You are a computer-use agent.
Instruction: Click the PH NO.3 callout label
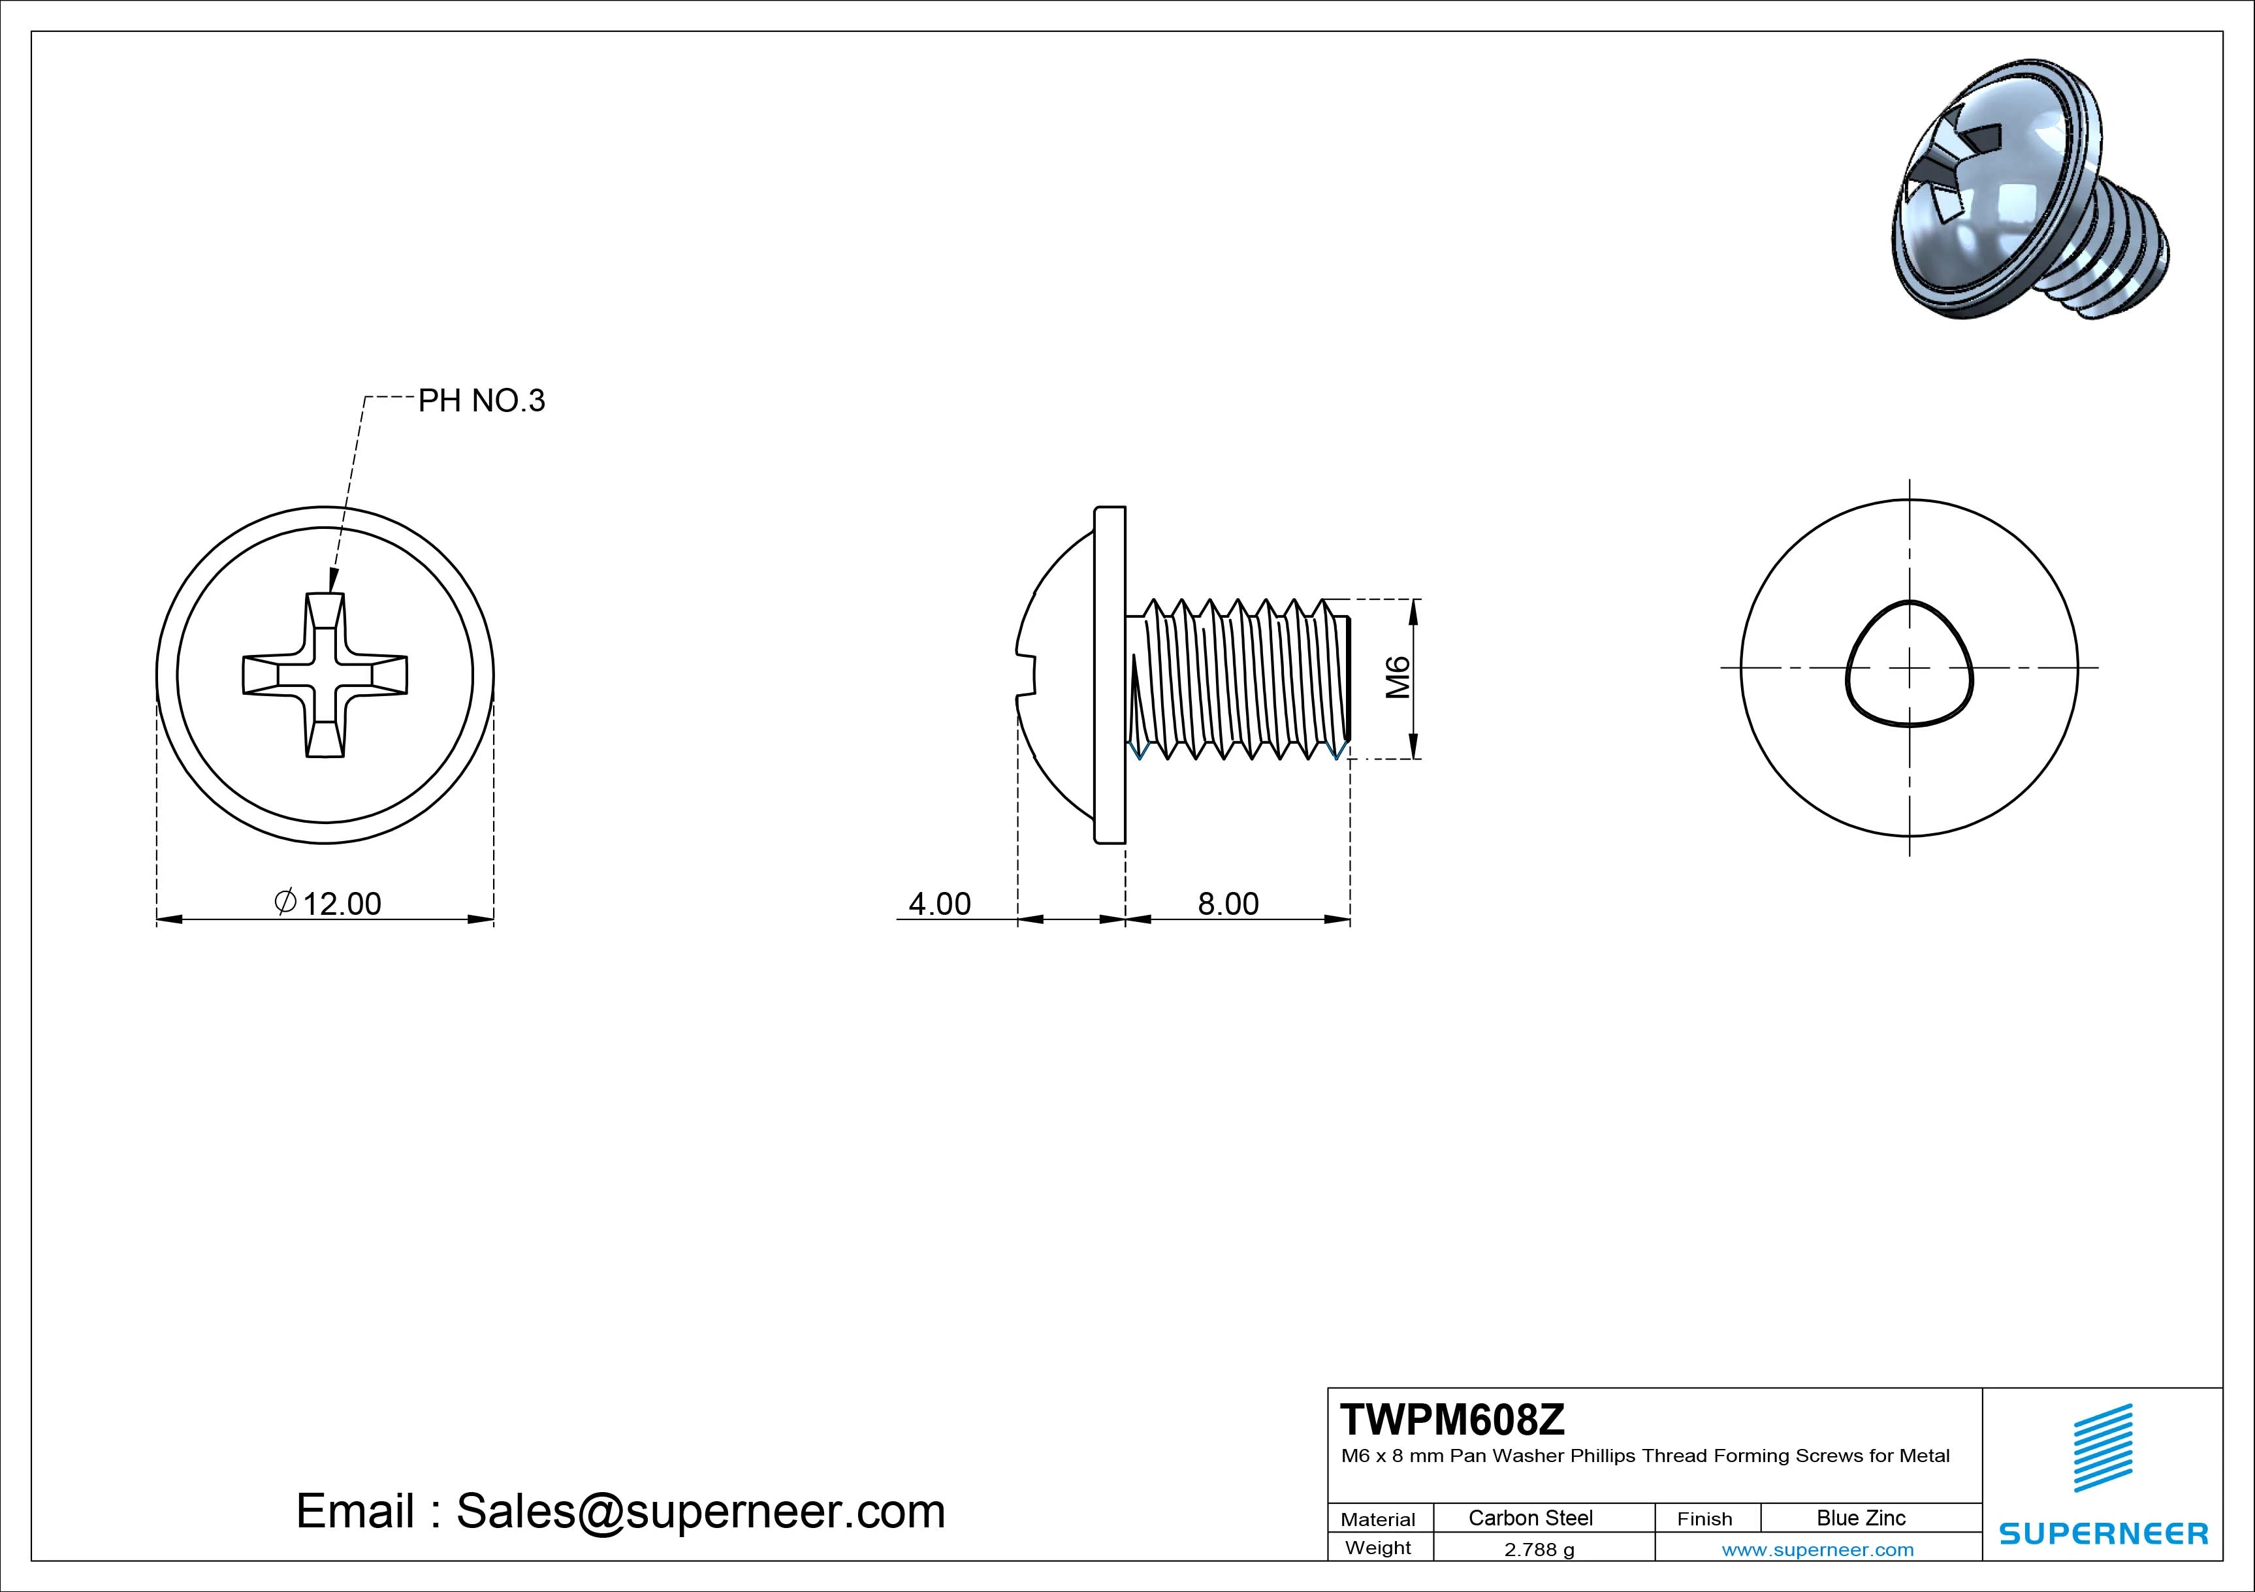(481, 401)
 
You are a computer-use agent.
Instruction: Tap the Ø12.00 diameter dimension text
(329, 904)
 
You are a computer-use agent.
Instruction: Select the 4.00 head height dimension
(939, 904)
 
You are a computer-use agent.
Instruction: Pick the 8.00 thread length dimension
(1228, 904)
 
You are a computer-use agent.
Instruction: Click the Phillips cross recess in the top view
(325, 676)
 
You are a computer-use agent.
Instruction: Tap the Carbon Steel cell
(1530, 1518)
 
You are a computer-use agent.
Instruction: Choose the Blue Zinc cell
(1861, 1518)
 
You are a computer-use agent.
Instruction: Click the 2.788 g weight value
(1539, 1550)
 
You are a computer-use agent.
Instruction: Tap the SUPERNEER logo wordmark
(2103, 1534)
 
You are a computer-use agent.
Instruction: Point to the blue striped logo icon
(2103, 1448)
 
